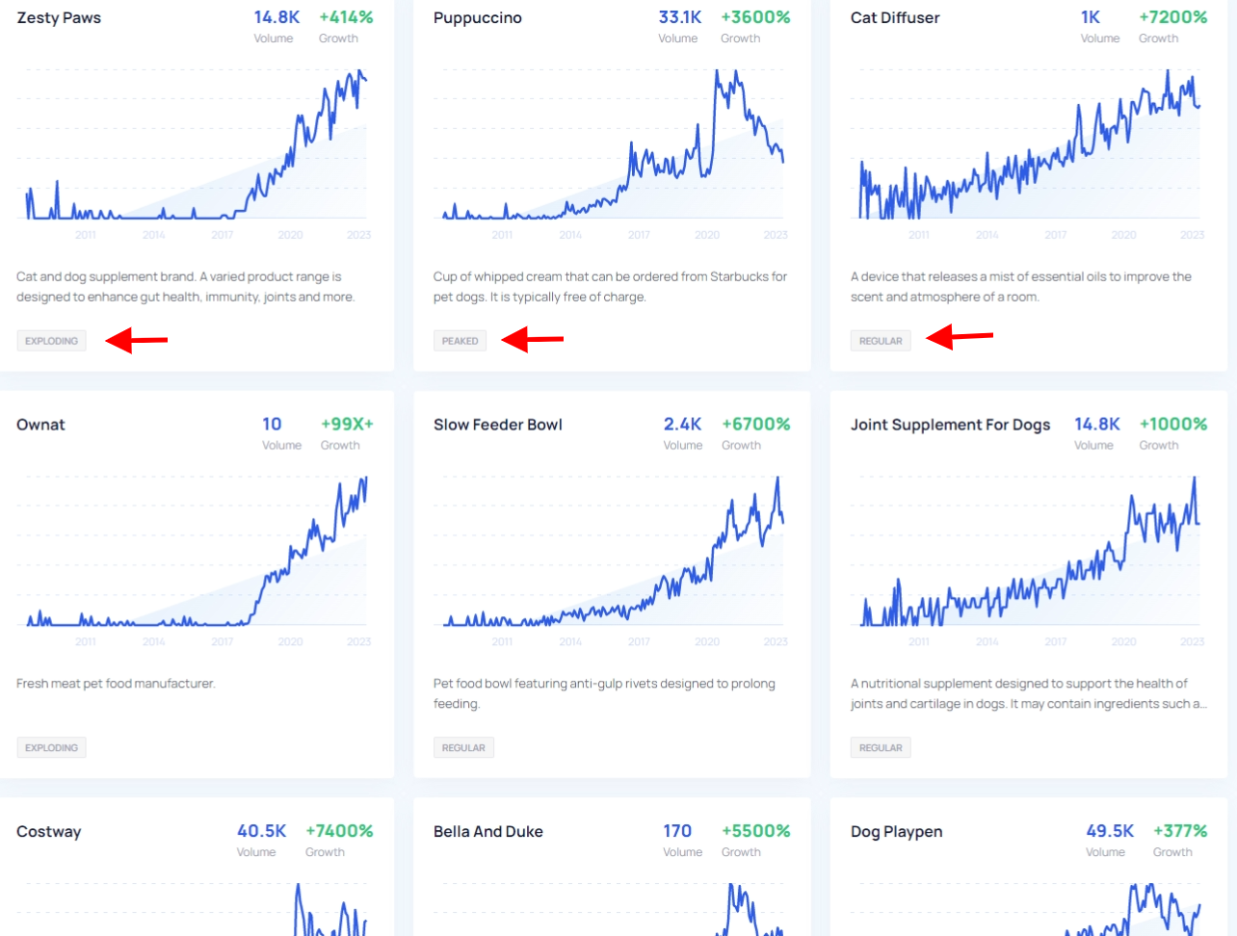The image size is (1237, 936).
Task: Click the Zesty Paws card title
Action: (x=59, y=18)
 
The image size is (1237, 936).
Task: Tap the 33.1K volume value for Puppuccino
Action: (x=679, y=17)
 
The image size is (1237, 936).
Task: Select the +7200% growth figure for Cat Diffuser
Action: (x=1172, y=17)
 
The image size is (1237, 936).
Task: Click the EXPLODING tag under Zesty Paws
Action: (x=51, y=341)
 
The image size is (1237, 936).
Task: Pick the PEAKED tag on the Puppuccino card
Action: (x=460, y=341)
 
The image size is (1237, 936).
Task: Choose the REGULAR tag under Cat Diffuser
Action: (x=881, y=341)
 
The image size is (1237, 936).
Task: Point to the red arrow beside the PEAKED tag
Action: (x=533, y=339)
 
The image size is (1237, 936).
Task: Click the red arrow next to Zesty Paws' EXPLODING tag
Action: (x=136, y=340)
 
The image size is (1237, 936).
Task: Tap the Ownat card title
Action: (x=40, y=425)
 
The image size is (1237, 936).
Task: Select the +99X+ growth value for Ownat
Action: (x=347, y=424)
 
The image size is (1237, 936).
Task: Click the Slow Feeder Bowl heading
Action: (x=497, y=425)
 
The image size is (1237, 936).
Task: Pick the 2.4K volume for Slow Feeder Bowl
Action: (x=682, y=424)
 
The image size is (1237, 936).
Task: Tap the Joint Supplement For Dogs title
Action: (x=950, y=425)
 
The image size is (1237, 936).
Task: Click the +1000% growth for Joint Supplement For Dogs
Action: (x=1172, y=424)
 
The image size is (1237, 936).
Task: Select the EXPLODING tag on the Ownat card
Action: (x=51, y=748)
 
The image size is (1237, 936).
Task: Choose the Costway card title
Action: (x=48, y=832)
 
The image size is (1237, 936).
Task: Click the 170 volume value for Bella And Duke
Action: (x=677, y=831)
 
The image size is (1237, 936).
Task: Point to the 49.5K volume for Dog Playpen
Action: (x=1109, y=831)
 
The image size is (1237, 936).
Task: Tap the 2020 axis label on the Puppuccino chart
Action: (x=707, y=235)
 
